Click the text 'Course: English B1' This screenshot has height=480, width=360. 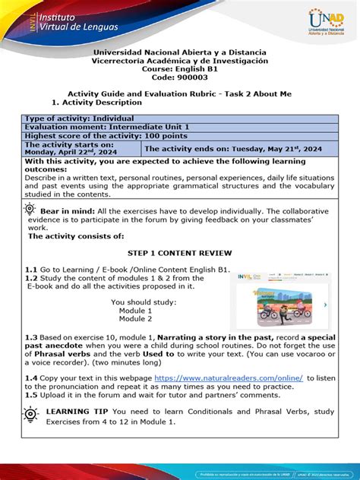point(179,70)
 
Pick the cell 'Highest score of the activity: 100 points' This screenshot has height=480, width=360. point(100,136)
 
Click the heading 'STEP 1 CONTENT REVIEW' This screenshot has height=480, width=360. point(179,252)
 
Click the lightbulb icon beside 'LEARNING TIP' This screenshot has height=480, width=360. point(30,415)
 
